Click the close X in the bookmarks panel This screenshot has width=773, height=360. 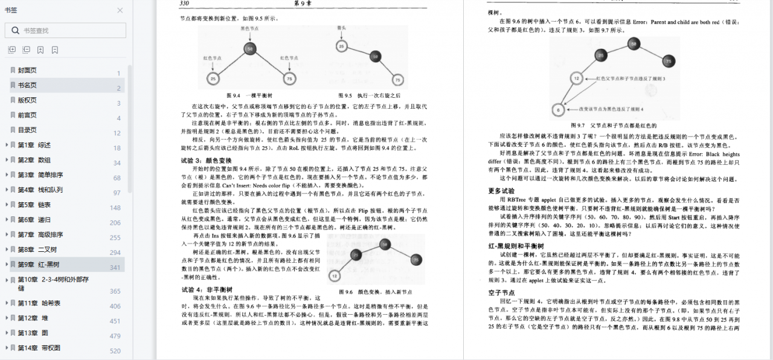click(120, 10)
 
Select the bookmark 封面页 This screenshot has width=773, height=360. click(27, 70)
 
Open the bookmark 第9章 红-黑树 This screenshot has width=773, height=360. click(39, 265)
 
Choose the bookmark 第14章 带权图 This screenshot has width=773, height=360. click(39, 348)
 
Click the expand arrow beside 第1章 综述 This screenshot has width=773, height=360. click(7, 145)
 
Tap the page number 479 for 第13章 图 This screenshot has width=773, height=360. click(115, 336)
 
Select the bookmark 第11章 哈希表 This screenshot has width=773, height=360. click(39, 303)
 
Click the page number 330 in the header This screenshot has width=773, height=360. click(186, 4)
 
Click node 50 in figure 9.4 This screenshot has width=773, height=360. click(250, 49)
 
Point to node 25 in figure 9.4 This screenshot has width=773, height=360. click(213, 79)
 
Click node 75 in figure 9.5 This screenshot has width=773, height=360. click(397, 79)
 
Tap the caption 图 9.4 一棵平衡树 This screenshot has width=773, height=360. click(249, 95)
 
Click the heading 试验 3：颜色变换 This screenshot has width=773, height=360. click(206, 161)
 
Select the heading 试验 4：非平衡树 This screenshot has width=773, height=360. click(206, 289)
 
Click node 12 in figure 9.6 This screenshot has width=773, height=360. click(334, 275)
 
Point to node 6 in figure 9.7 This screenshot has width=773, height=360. click(558, 110)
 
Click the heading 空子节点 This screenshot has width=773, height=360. click(501, 292)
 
